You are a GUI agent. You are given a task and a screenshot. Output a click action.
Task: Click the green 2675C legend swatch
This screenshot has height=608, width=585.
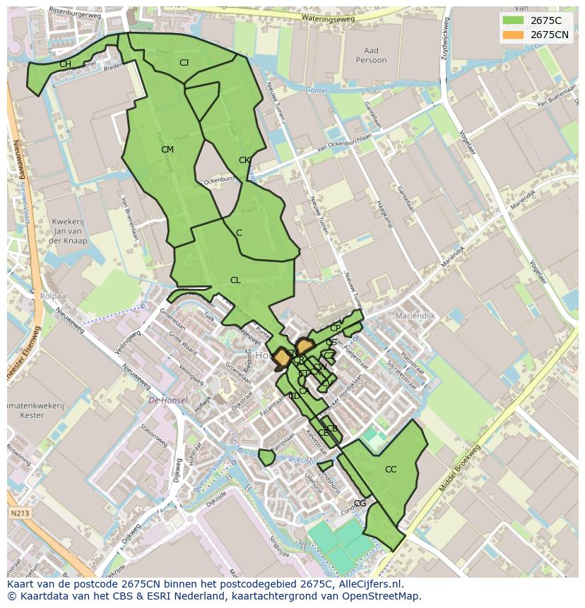514,20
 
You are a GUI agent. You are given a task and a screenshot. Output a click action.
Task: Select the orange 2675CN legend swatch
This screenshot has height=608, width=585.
514,35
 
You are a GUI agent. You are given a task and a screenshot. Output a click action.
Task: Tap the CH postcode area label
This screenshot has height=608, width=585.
65,64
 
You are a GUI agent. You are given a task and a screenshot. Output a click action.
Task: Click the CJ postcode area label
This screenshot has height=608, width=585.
184,63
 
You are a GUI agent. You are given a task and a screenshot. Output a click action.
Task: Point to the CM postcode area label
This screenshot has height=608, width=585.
167,150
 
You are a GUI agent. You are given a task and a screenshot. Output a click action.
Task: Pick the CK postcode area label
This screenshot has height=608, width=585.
244,160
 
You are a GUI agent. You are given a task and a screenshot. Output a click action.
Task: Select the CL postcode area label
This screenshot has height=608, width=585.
235,280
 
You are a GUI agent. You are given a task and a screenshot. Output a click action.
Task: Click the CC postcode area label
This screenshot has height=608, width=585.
391,470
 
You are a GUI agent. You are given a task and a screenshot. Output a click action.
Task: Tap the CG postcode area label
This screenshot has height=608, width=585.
360,503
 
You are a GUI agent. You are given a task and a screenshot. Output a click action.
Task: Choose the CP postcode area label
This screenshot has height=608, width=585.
336,328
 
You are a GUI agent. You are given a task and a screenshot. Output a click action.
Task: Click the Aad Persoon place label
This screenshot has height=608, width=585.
372,55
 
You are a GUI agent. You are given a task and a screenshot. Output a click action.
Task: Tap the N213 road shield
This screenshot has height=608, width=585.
20,513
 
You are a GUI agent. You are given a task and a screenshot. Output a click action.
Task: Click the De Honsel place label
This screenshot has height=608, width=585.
168,400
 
